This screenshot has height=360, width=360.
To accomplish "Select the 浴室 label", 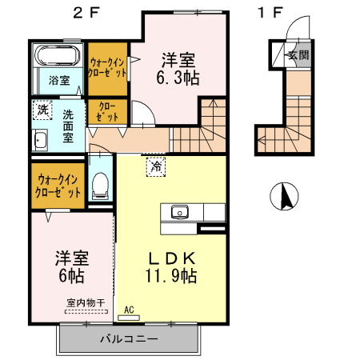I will [x=58, y=81].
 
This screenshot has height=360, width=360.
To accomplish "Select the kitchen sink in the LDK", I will [x=178, y=213].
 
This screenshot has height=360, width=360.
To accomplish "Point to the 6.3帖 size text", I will [x=178, y=78].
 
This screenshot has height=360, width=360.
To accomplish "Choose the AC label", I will [x=129, y=308].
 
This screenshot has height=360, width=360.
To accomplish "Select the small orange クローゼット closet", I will [x=107, y=110].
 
